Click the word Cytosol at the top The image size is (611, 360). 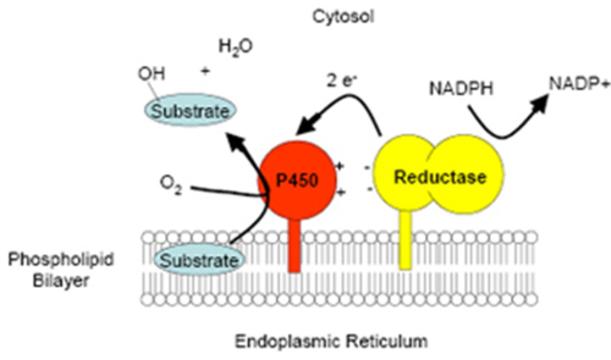click(x=343, y=17)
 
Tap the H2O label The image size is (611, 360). click(x=235, y=47)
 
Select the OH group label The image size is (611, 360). click(x=151, y=74)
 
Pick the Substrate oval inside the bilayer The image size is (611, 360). click(x=199, y=260)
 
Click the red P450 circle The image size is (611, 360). click(x=297, y=180)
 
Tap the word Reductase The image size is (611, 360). click(x=440, y=177)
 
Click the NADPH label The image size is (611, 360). click(x=461, y=89)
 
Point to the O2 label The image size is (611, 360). click(x=171, y=186)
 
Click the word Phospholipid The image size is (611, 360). click(x=61, y=260)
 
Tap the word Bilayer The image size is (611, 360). click(x=61, y=281)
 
